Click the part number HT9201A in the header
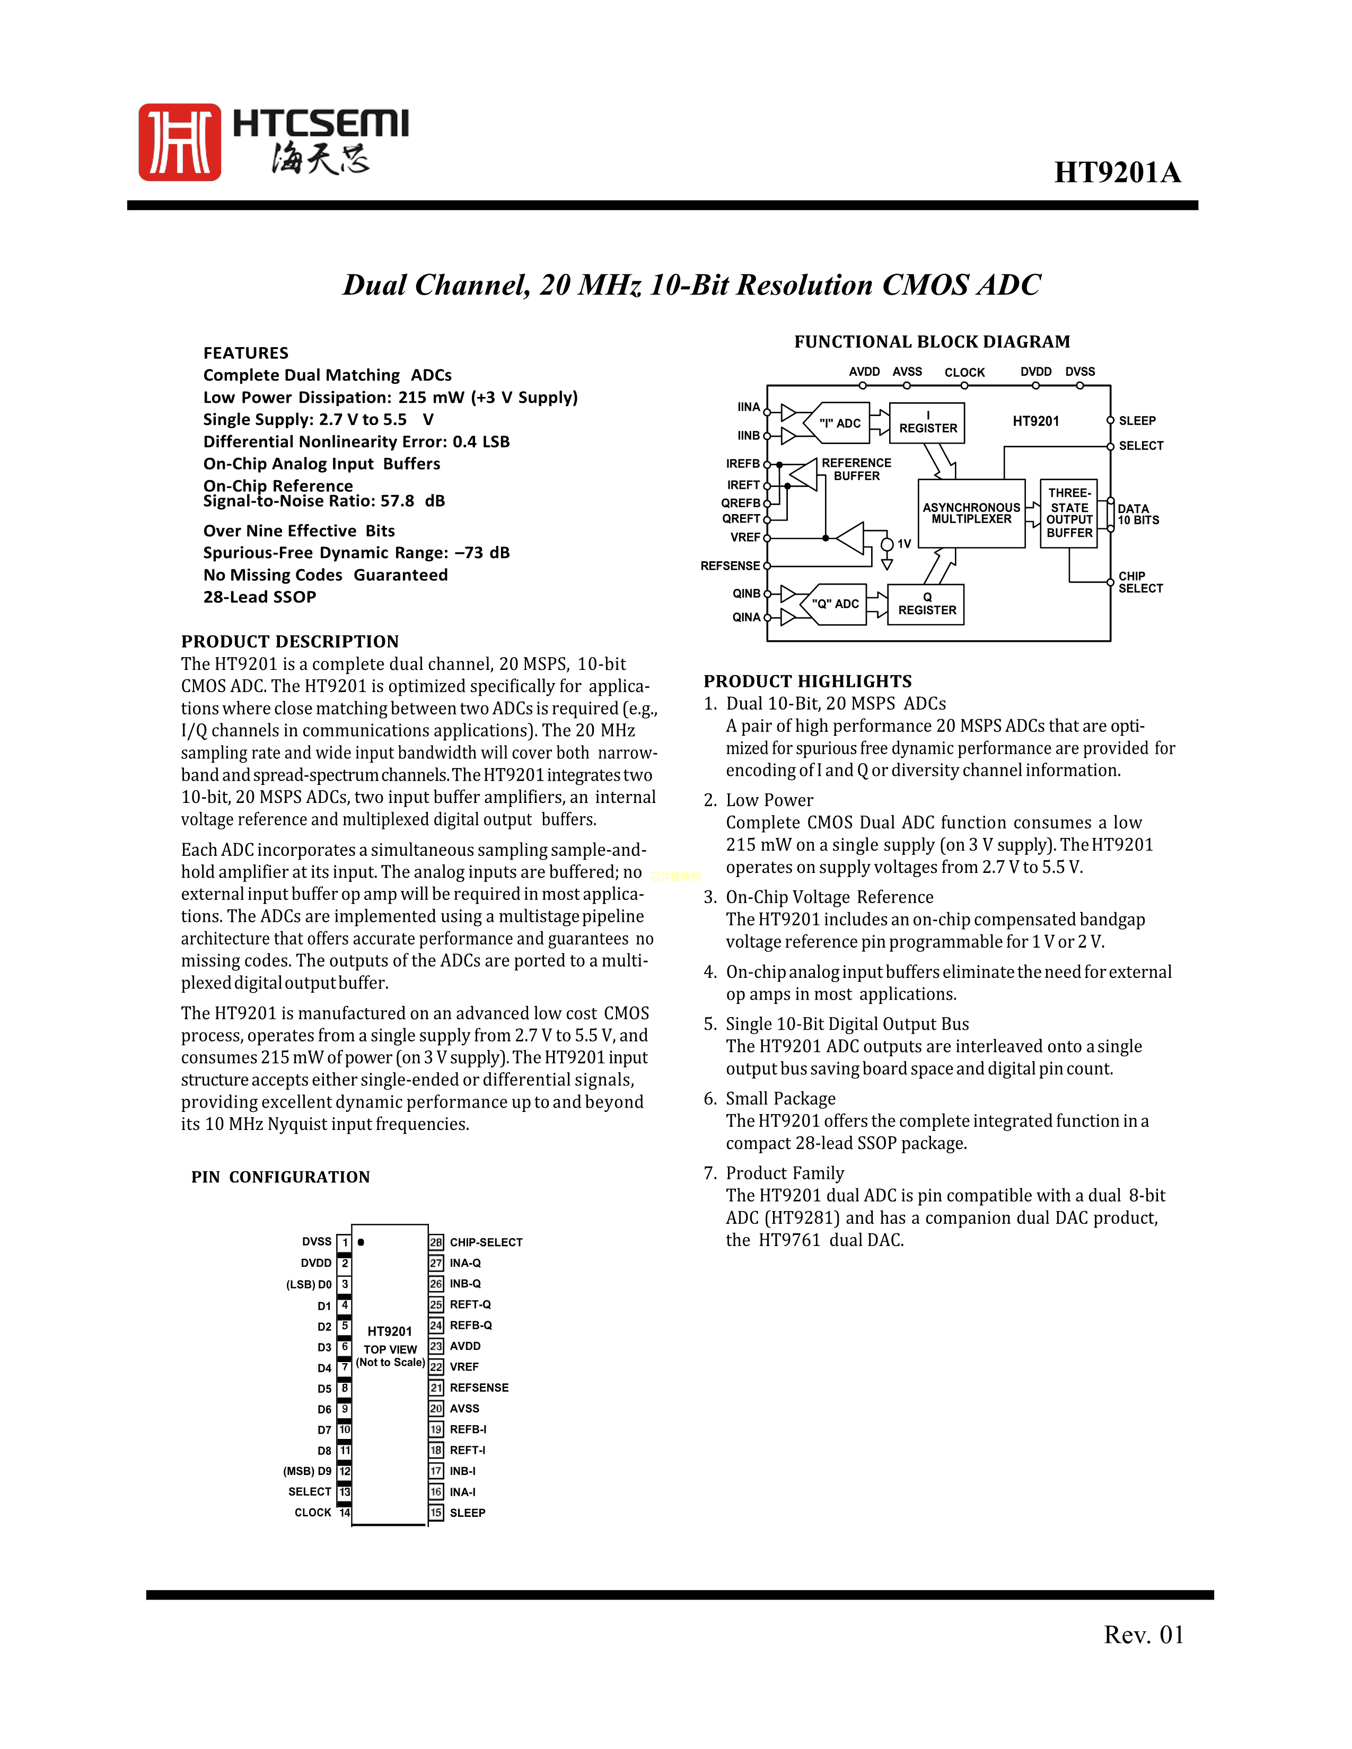tap(1117, 172)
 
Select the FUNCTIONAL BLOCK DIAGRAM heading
tap(932, 342)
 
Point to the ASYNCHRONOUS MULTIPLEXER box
tap(971, 514)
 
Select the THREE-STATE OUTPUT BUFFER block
tap(1068, 514)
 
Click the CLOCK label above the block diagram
tap(964, 373)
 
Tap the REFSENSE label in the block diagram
tap(730, 566)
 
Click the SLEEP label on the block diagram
tap(1137, 420)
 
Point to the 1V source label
tap(903, 544)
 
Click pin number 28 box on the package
tap(436, 1242)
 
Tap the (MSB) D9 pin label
tap(307, 1471)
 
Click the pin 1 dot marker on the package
tap(361, 1242)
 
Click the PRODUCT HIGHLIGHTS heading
tap(807, 682)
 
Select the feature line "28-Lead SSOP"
tap(259, 597)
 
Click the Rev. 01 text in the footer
tap(1143, 1635)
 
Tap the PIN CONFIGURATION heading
tap(280, 1177)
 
